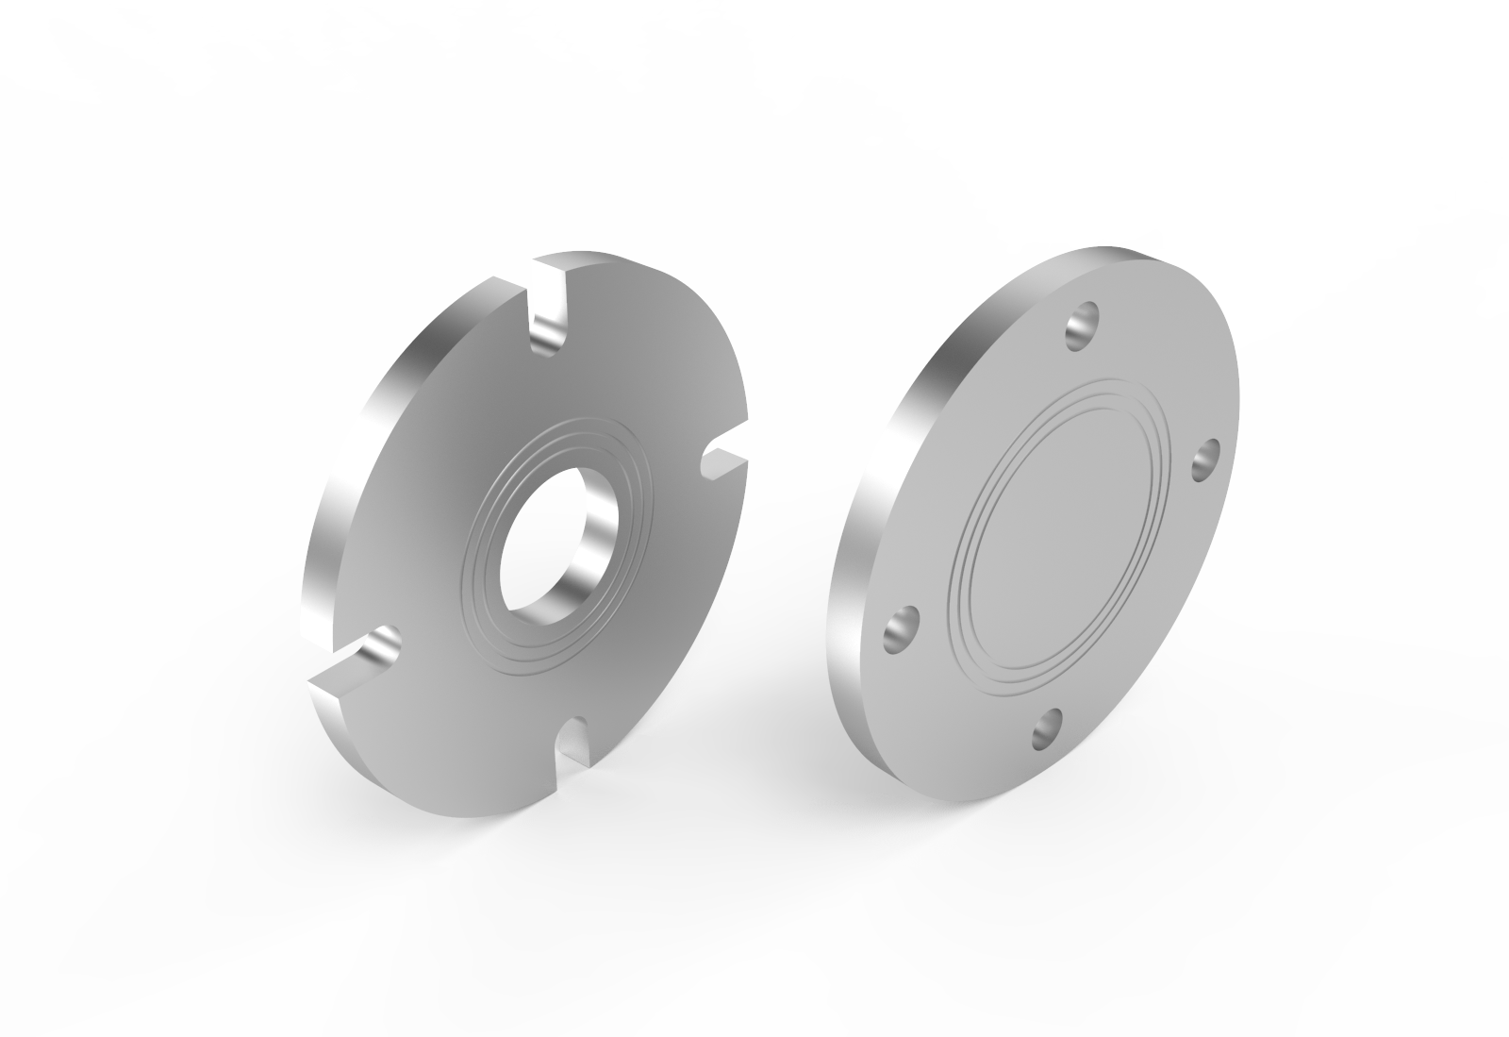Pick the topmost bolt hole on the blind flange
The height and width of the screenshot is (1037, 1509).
[x=1084, y=326]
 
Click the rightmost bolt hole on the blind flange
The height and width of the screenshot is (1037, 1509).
[x=1206, y=459]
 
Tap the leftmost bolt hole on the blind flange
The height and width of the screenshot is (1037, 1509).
[x=900, y=630]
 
